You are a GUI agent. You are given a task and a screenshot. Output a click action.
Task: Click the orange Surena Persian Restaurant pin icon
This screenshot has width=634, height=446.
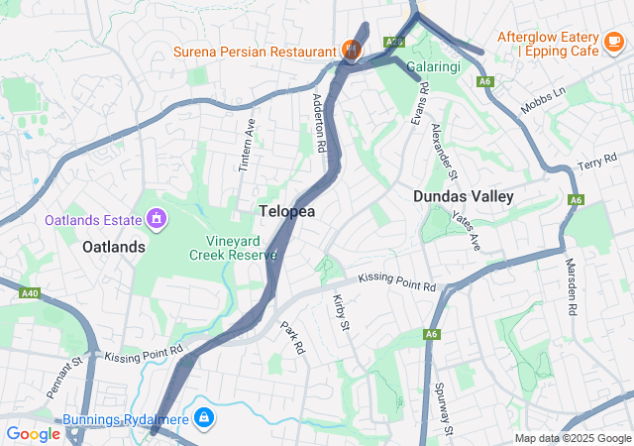pyautogui.click(x=350, y=49)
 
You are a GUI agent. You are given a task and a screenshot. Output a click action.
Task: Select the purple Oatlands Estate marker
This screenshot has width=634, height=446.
pyautogui.click(x=156, y=217)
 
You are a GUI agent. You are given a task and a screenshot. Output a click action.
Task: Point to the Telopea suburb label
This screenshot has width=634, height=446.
pyautogui.click(x=287, y=211)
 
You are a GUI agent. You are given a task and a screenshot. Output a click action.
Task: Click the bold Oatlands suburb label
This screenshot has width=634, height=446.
pyautogui.click(x=114, y=246)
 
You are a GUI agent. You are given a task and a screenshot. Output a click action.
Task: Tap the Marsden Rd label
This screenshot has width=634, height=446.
pyautogui.click(x=572, y=289)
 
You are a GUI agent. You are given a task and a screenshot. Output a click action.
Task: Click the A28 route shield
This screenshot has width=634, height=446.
pyautogui.click(x=394, y=42)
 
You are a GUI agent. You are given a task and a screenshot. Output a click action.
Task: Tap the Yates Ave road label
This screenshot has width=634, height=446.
pyautogui.click(x=466, y=229)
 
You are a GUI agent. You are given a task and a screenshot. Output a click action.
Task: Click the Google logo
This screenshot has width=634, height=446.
pyautogui.click(x=34, y=433)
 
